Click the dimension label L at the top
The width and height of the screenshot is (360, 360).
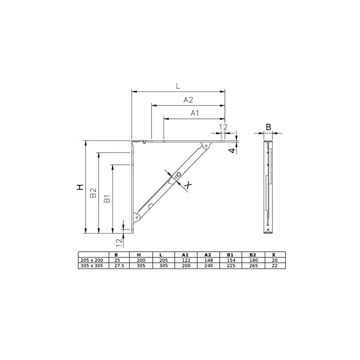coord(178,85)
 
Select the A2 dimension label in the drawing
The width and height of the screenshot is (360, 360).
coord(189,100)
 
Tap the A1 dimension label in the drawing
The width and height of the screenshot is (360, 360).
coord(195,113)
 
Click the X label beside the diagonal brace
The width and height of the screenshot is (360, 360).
coord(188,184)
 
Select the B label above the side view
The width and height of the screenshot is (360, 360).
coord(268,127)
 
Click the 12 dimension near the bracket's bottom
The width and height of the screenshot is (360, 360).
coord(119,243)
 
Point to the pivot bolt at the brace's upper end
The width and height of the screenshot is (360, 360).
coord(206,146)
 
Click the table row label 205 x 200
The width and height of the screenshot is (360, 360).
coord(90,260)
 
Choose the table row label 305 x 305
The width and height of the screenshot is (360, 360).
coord(90,266)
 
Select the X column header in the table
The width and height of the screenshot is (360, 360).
coord(274,254)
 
